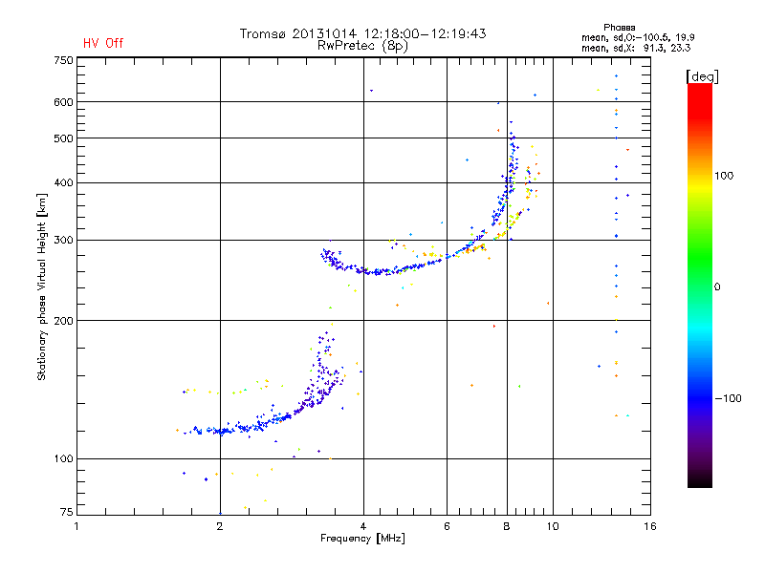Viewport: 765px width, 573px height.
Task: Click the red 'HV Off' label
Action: coord(103,43)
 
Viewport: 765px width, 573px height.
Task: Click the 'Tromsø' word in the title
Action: coord(262,33)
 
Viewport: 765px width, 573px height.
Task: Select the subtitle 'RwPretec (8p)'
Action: coord(362,46)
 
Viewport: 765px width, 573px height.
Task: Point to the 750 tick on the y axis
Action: coord(64,60)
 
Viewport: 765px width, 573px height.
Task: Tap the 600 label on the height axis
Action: coord(64,102)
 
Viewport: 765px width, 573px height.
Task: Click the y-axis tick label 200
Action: coord(64,321)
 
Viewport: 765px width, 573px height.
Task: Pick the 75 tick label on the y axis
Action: coord(67,512)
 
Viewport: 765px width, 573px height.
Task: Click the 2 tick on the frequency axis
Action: coord(220,526)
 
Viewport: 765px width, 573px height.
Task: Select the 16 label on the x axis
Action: coord(650,526)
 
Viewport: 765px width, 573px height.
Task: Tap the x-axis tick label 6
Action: coord(447,526)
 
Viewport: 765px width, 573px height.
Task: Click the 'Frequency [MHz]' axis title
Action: coord(362,539)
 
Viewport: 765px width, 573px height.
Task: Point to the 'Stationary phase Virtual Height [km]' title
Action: coord(42,287)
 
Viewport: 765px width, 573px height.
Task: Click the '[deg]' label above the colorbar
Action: coord(702,76)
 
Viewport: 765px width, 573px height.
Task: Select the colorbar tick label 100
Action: coord(724,176)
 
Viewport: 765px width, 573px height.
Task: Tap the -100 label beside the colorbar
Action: coord(728,398)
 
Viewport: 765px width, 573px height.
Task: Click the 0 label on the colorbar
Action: coord(717,287)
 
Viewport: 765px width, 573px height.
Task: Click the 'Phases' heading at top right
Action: coord(619,28)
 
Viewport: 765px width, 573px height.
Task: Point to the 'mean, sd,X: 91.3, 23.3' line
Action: coord(636,48)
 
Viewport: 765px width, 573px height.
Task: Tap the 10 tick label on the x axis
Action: coord(553,526)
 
